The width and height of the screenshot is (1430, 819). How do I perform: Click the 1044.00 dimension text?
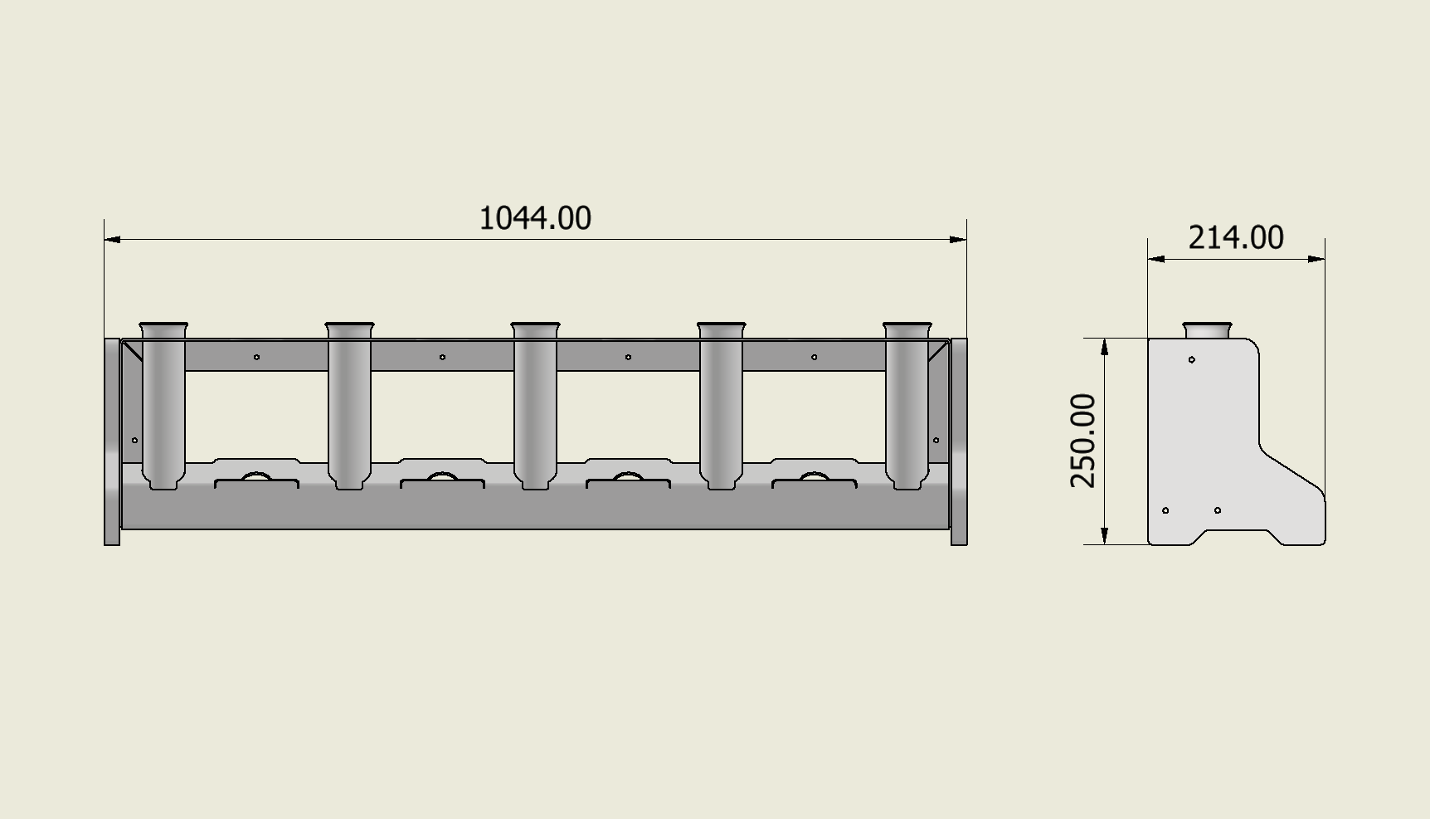[535, 218]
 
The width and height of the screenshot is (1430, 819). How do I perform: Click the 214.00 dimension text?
[1236, 238]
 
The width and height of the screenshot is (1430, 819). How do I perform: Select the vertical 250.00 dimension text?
[1083, 441]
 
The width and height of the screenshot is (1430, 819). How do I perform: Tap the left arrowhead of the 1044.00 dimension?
[112, 239]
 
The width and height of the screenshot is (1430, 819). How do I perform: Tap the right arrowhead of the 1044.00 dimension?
[959, 239]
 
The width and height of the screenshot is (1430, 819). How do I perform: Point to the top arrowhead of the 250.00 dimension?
[1105, 346]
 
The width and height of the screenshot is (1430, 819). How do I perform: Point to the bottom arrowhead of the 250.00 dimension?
[1105, 536]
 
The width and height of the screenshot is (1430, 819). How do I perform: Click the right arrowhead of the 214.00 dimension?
[1317, 259]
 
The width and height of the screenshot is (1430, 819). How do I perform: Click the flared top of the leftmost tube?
[163, 327]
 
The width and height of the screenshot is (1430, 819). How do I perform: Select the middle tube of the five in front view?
[535, 407]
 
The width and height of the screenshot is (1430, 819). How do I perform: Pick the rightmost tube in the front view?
[907, 407]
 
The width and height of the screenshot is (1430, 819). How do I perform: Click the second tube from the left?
[349, 407]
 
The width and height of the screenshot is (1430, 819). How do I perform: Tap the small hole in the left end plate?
[135, 440]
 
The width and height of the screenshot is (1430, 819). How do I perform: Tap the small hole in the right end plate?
[936, 440]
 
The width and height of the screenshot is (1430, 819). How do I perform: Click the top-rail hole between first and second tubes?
[256, 357]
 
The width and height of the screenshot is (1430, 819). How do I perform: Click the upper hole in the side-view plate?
[1192, 359]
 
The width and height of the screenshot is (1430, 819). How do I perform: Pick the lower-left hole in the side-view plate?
[1165, 510]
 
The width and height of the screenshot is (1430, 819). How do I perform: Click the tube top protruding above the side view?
[1207, 330]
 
